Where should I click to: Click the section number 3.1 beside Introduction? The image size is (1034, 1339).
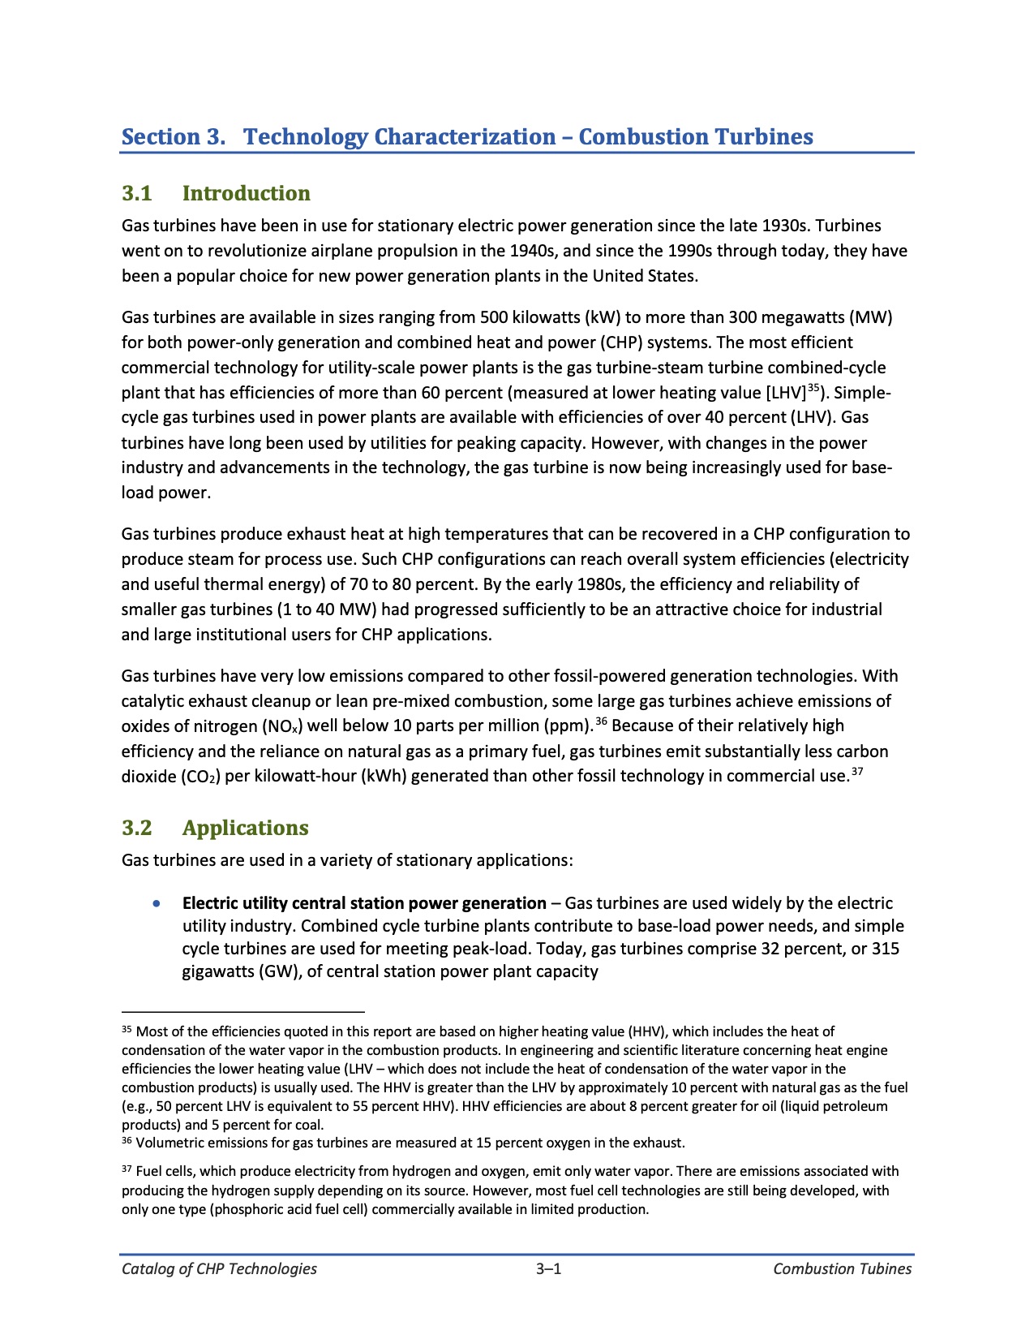pos(137,193)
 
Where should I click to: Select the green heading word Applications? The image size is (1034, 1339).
pos(245,828)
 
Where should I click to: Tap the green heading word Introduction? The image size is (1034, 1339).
pos(246,193)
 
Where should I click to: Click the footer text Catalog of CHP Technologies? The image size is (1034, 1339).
pos(219,1269)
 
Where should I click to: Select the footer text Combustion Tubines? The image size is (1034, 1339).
pos(842,1269)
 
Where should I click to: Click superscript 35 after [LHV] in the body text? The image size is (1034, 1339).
pos(814,388)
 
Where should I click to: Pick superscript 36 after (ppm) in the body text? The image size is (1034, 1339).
pos(602,721)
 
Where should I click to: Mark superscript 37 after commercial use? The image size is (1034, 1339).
pos(857,772)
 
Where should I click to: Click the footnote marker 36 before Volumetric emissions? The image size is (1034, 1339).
pos(127,1141)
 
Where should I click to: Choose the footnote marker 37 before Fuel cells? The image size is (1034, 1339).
pos(127,1169)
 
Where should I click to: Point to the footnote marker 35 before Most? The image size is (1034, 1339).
pos(127,1030)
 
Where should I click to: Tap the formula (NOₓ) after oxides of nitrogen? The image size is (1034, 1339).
pos(283,726)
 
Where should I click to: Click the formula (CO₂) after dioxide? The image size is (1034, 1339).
pos(200,777)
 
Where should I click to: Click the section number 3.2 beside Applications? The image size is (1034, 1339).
pos(137,828)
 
